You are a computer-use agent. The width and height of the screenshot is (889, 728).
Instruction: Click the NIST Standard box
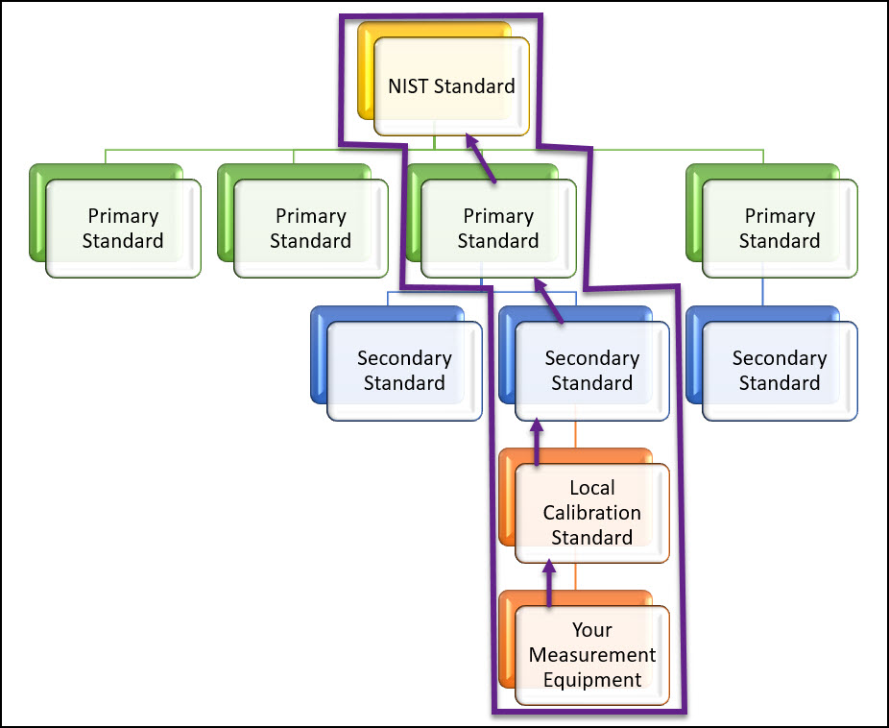[451, 86]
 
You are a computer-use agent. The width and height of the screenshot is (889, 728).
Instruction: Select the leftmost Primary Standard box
[123, 229]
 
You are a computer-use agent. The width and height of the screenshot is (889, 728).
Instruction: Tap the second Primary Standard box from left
[310, 229]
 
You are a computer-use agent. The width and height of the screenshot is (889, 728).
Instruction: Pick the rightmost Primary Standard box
[779, 229]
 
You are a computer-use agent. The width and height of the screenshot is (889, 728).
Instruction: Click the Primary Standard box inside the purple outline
[497, 229]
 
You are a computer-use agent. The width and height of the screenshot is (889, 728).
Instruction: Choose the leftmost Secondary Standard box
[404, 371]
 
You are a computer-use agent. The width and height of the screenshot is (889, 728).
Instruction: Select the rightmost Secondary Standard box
[779, 371]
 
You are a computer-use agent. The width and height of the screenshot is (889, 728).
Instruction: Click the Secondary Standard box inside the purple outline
[591, 371]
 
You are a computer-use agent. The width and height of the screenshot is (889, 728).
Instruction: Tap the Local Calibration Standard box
[591, 513]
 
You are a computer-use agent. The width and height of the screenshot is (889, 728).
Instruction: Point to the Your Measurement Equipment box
[591, 655]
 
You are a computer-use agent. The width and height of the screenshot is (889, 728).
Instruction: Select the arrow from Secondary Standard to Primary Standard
[548, 300]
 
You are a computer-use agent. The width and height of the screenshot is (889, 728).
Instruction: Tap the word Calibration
[591, 513]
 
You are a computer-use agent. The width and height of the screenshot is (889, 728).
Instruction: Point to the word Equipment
[591, 680]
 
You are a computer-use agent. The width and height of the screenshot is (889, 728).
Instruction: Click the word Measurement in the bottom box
[591, 655]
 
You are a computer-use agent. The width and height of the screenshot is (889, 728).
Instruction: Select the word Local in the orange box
[591, 488]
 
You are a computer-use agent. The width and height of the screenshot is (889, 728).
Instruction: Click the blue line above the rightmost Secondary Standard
[763, 293]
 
